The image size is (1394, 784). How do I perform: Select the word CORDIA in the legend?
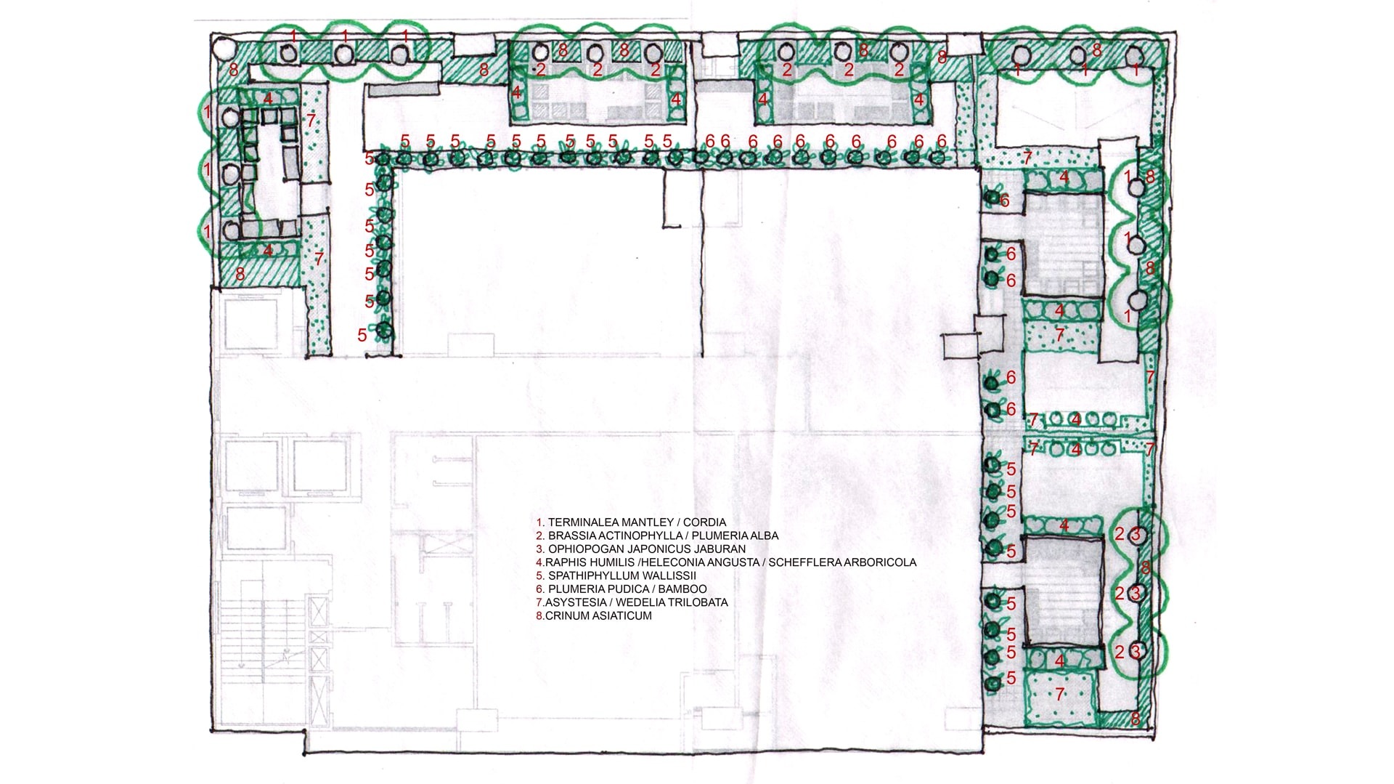704,522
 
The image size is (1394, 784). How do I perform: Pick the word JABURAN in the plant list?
720,549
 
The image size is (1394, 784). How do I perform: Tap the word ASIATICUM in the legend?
624,616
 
